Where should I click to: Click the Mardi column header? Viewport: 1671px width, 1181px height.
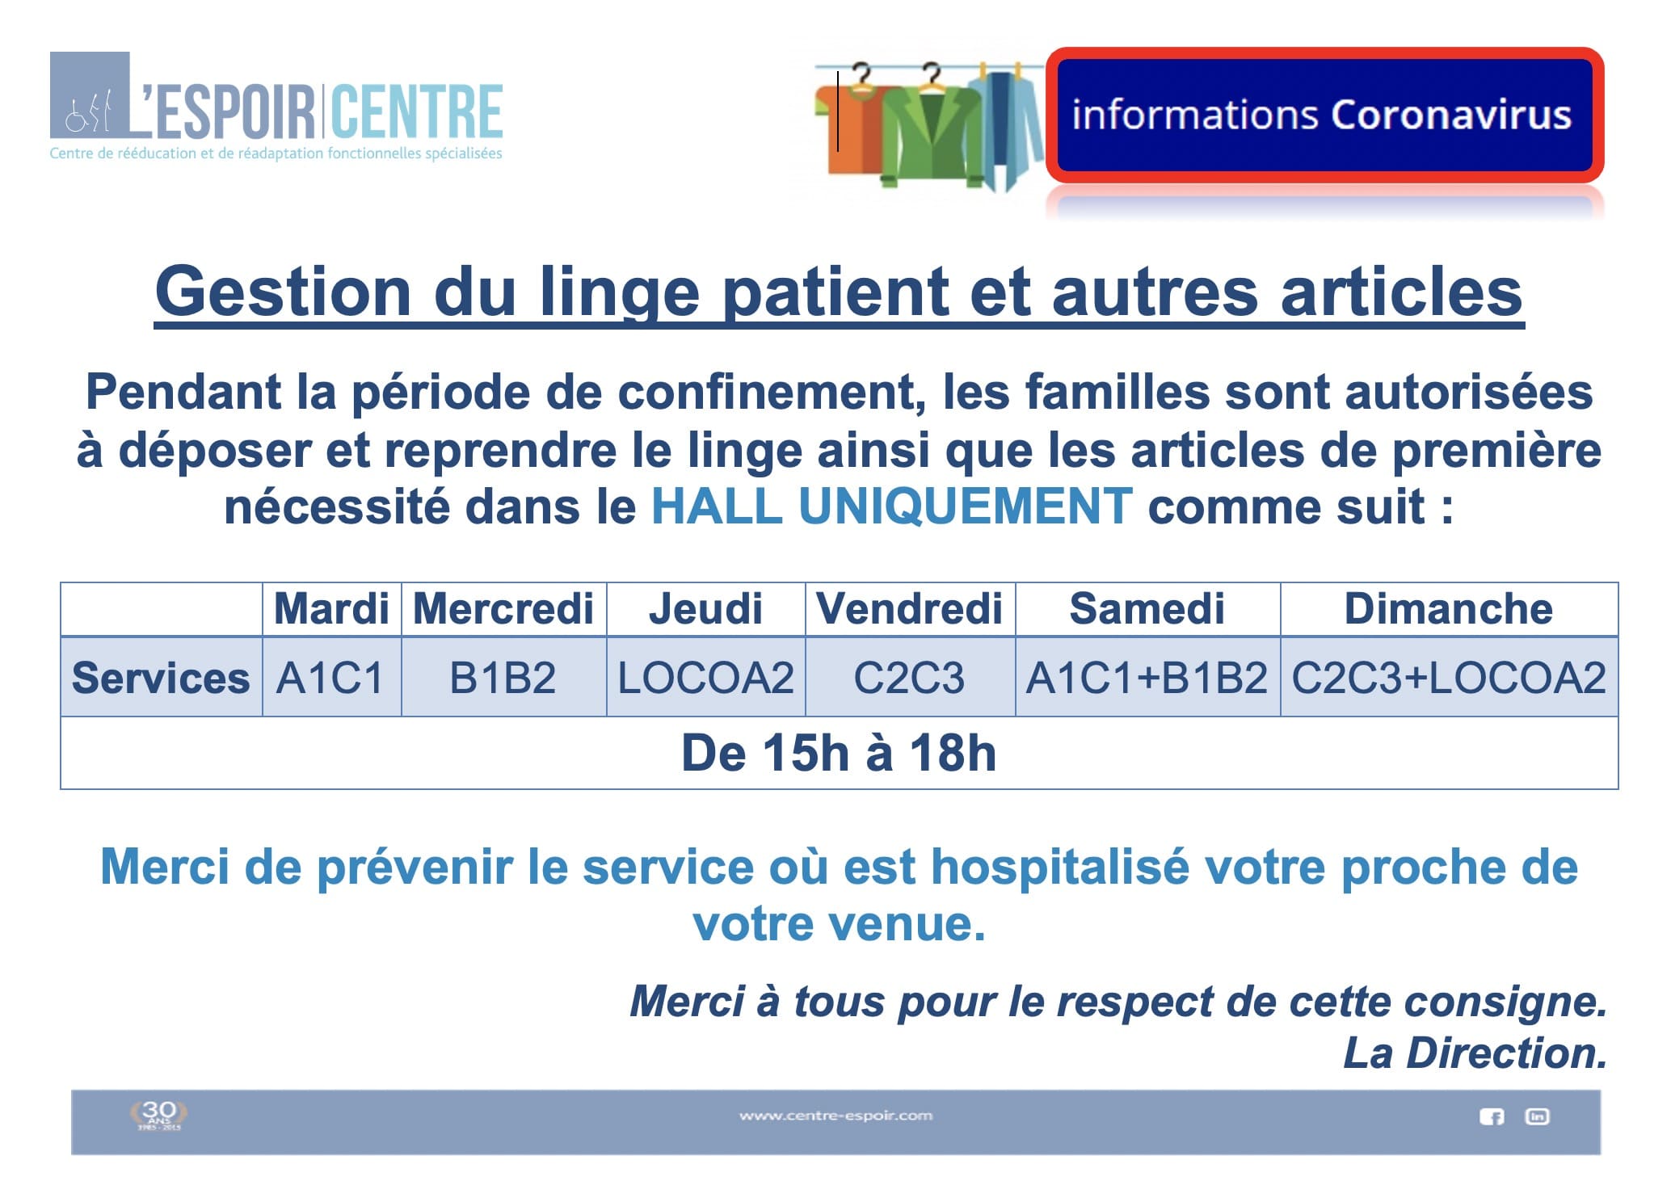(x=331, y=609)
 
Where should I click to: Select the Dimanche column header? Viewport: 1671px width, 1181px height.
(x=1449, y=609)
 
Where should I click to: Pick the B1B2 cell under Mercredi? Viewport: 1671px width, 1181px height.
(x=503, y=677)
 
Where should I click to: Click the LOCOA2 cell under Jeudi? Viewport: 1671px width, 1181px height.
(x=706, y=677)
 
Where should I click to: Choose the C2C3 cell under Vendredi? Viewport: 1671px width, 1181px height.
(x=909, y=677)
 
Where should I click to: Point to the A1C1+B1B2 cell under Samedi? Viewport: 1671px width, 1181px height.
(x=1147, y=677)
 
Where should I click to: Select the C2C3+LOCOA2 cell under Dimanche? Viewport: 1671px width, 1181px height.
(x=1449, y=677)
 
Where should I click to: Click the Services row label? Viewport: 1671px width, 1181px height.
(x=161, y=677)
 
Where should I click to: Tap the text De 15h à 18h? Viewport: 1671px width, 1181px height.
(x=839, y=753)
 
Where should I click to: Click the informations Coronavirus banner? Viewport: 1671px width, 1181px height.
(x=1324, y=115)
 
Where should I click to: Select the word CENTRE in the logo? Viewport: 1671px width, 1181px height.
(x=418, y=111)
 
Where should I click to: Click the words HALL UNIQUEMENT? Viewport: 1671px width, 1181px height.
(x=892, y=506)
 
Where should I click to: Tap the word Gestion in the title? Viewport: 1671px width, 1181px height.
(x=284, y=292)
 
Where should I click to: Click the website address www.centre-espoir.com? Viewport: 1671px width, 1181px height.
(x=835, y=1116)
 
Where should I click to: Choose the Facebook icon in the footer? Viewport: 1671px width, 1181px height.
(x=1492, y=1116)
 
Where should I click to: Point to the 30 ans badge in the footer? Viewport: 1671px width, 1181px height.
(x=158, y=1114)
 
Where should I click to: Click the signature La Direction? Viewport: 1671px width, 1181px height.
(x=1475, y=1053)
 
